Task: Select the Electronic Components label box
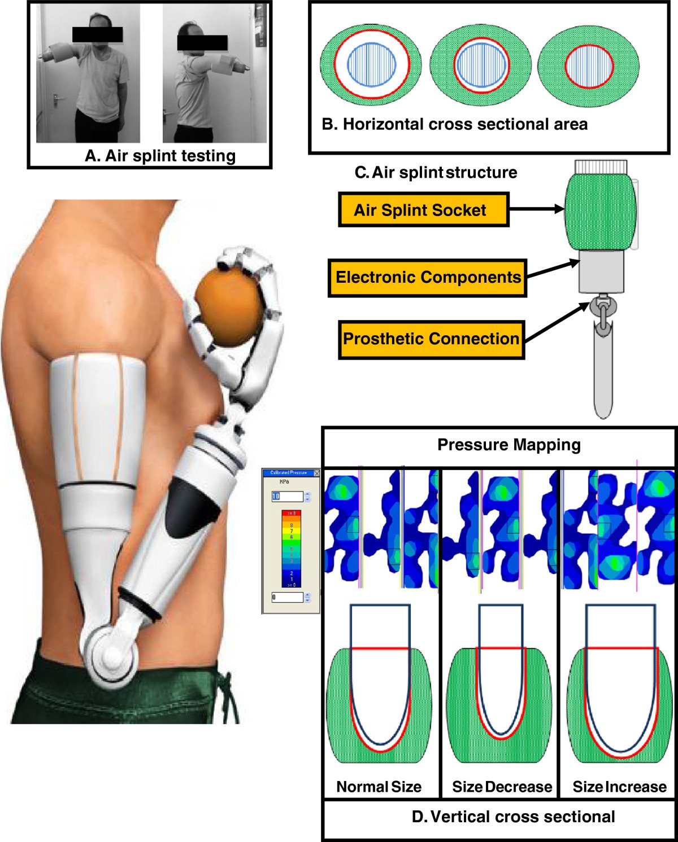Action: point(428,277)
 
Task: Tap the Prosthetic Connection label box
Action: point(431,339)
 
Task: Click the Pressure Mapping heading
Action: point(508,445)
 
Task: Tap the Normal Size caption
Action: point(379,787)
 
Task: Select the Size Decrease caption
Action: point(502,787)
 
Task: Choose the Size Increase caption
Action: point(619,787)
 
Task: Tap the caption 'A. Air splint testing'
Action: point(160,155)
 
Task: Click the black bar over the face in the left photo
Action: point(97,34)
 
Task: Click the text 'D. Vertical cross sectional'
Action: point(513,817)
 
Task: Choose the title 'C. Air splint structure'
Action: point(436,172)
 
